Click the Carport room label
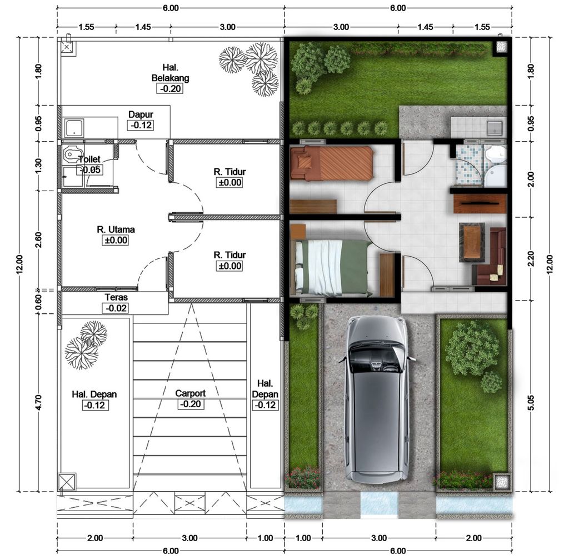190,393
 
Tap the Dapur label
141,114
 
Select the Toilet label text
89,159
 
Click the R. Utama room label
116,229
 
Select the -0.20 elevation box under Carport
190,404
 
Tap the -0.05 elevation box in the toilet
89,170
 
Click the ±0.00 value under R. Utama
116,241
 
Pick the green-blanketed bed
333,268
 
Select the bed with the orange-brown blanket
332,163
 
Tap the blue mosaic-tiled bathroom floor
469,165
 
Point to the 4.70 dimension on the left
38,403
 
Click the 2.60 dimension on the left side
38,239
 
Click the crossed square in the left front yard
67,481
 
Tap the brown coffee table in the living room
472,242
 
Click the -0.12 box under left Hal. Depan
94,406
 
